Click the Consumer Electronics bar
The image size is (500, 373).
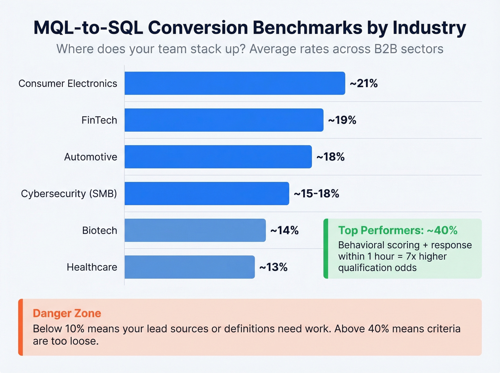(x=235, y=83)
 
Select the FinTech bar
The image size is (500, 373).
(x=224, y=120)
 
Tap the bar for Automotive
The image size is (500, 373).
(x=218, y=157)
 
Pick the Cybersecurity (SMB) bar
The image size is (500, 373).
(x=207, y=193)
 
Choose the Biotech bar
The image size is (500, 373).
(x=195, y=230)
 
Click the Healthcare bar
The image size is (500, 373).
(x=189, y=267)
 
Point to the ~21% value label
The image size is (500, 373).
(x=364, y=83)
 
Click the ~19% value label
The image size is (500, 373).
(x=342, y=120)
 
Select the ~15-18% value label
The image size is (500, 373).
(x=316, y=193)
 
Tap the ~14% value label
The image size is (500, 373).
(x=284, y=230)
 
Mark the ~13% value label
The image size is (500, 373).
(x=273, y=267)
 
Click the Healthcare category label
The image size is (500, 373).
(x=92, y=267)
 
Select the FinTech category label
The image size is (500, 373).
(x=99, y=120)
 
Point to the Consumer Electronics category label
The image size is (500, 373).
(x=68, y=83)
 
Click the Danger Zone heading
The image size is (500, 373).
(x=67, y=313)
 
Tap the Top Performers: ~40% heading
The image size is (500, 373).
(x=397, y=230)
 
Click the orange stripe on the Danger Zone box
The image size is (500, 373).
(x=21, y=327)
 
